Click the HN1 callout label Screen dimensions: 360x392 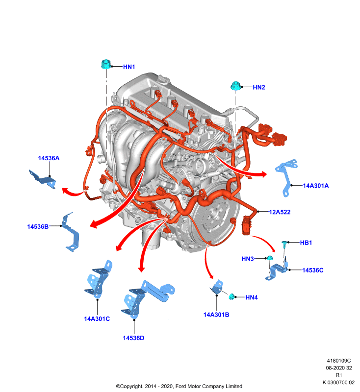point(129,67)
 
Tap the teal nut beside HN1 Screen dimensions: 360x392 point(106,64)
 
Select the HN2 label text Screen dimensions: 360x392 point(258,87)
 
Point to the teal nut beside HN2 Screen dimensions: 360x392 point(235,85)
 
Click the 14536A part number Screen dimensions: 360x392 point(49,158)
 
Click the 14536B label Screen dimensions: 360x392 point(38,226)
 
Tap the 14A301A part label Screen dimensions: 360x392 point(316,186)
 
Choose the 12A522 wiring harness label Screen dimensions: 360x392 point(280,212)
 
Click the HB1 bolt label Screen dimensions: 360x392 point(306,243)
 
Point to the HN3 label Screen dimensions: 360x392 point(248,259)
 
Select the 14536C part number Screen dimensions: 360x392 point(313,270)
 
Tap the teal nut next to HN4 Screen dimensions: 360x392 point(231,296)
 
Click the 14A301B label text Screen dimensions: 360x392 point(216,315)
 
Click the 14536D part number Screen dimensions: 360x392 point(133,338)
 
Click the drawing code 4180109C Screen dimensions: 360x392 point(339,361)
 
